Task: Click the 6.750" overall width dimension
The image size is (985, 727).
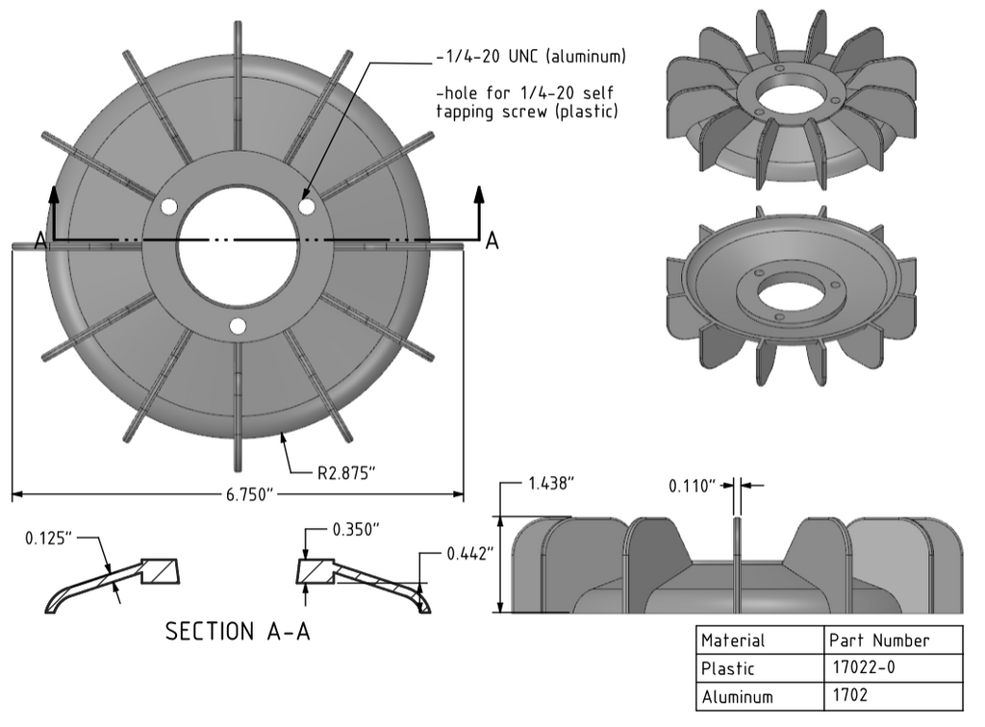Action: pyautogui.click(x=238, y=494)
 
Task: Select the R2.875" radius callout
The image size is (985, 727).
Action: pyautogui.click(x=346, y=473)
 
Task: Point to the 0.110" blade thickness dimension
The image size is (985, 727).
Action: pyautogui.click(x=693, y=487)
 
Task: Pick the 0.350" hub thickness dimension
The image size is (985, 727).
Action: pyautogui.click(x=356, y=530)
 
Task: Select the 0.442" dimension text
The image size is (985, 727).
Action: pyautogui.click(x=470, y=554)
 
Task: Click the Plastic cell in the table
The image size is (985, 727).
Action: pyautogui.click(x=728, y=668)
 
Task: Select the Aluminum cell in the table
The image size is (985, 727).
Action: pyautogui.click(x=737, y=696)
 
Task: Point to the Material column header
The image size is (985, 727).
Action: pyautogui.click(x=733, y=640)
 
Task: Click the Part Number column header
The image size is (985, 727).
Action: pyautogui.click(x=878, y=640)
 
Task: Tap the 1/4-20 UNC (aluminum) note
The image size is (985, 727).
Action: pyautogui.click(x=530, y=57)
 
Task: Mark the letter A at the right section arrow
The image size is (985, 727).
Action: pyautogui.click(x=492, y=241)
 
